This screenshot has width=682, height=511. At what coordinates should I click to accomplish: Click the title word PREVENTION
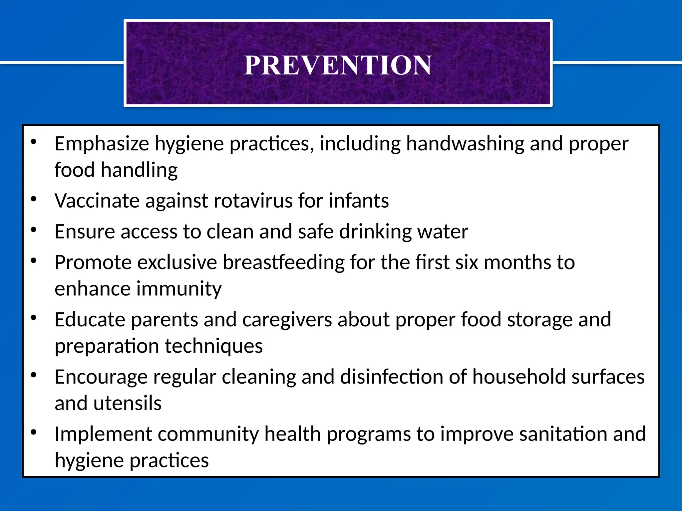point(338,65)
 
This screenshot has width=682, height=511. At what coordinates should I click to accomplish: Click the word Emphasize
point(102,144)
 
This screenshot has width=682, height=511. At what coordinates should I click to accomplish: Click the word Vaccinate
point(97,201)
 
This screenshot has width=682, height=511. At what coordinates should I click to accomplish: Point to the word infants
point(359,201)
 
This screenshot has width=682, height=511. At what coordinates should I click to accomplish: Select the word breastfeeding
point(283,262)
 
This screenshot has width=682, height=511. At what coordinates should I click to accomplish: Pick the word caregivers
point(287,320)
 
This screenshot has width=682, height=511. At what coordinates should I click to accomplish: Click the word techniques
point(214,346)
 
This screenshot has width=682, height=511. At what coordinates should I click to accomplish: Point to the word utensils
point(127,403)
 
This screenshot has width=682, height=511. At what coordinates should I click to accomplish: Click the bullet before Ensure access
point(33,230)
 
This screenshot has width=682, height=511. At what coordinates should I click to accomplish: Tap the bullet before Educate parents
point(33,318)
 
